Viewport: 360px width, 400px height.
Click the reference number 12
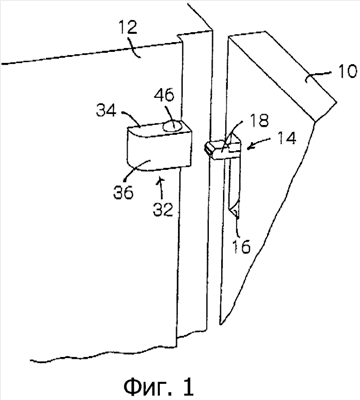click(127, 28)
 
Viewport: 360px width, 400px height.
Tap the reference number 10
click(348, 71)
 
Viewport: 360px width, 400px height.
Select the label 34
click(106, 110)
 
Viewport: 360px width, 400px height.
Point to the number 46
click(164, 96)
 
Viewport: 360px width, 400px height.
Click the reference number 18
click(258, 121)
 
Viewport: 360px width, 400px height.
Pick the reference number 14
click(285, 138)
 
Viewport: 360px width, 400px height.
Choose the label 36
click(123, 192)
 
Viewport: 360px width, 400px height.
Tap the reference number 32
click(163, 210)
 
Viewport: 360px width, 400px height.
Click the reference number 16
click(241, 247)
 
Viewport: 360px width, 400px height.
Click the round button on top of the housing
click(173, 126)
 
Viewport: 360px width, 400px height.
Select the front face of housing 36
click(159, 149)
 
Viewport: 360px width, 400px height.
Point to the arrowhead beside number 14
click(250, 146)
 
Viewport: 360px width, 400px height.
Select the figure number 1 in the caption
click(188, 386)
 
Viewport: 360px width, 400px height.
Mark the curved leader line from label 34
click(130, 117)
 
